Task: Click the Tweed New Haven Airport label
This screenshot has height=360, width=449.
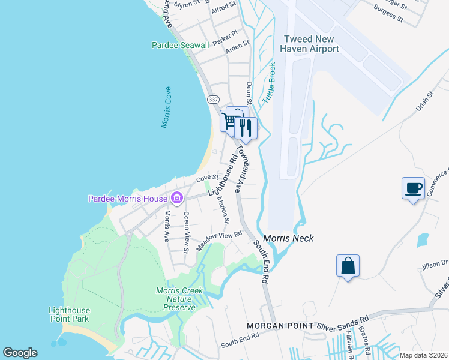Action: tap(311, 44)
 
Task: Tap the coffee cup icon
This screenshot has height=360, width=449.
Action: tap(413, 188)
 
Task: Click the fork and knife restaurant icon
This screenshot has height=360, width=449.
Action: tap(246, 127)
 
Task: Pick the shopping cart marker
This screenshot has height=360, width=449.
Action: tap(229, 121)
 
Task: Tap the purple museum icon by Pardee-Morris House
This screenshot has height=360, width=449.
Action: tap(177, 197)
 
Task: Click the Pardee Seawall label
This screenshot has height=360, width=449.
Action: tap(180, 45)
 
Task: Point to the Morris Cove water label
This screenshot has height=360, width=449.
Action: tap(166, 107)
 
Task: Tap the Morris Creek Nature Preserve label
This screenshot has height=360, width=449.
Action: tap(180, 299)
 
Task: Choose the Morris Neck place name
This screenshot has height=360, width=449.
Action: tap(288, 238)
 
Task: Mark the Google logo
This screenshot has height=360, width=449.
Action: tap(20, 353)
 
